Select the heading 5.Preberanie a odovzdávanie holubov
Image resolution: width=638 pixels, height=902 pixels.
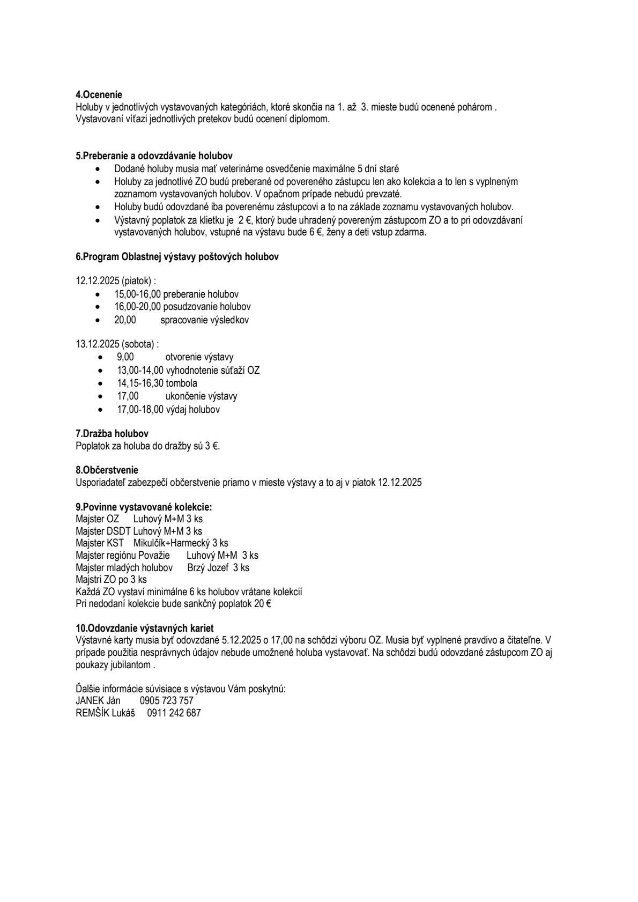(154, 156)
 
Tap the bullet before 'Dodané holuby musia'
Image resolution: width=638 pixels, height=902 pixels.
(97, 169)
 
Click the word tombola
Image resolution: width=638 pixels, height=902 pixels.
(181, 383)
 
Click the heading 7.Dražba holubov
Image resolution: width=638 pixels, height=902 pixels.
(112, 433)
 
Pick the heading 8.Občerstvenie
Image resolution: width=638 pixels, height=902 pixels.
(107, 470)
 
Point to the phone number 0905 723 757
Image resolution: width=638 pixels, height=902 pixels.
(166, 701)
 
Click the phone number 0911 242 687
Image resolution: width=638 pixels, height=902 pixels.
(174, 713)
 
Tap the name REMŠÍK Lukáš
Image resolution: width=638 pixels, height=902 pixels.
(105, 713)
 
